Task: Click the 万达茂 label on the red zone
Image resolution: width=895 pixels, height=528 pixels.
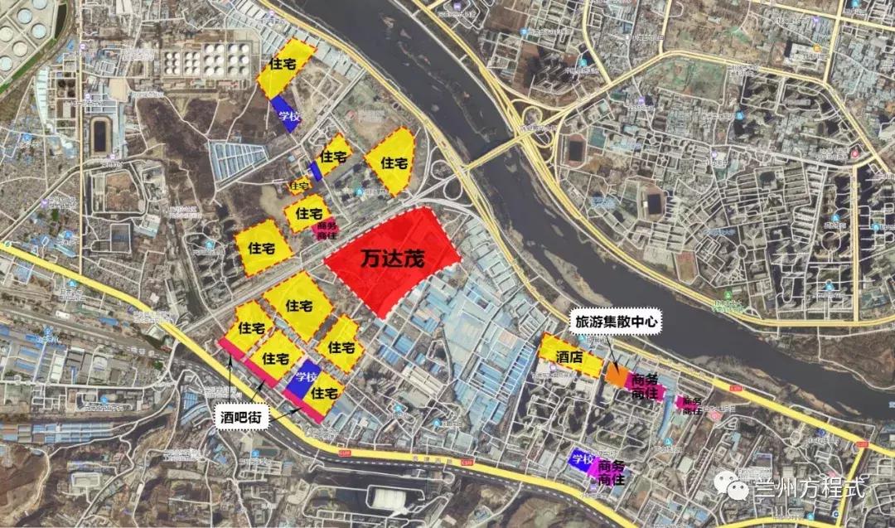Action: click(393, 259)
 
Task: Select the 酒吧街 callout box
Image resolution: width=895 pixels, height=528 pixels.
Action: click(241, 418)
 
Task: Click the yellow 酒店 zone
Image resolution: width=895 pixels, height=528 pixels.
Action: click(570, 357)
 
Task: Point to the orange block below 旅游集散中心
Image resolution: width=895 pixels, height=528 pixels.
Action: click(617, 375)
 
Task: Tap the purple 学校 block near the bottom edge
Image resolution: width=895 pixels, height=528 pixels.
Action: click(582, 460)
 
